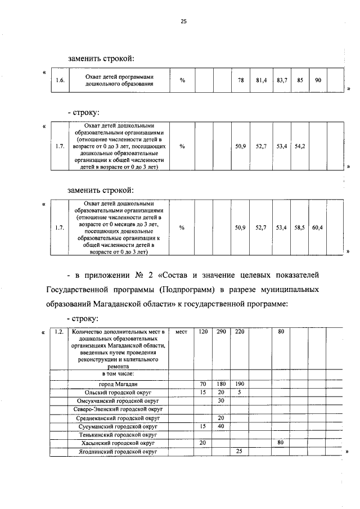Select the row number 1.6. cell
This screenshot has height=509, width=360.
click(x=60, y=80)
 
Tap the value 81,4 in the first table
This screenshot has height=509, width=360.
click(x=261, y=80)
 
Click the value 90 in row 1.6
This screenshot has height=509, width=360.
click(x=318, y=80)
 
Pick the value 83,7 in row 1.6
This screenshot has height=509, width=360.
click(x=282, y=80)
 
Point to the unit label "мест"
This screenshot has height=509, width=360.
click(x=181, y=332)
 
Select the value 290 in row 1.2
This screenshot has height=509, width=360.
click(x=222, y=332)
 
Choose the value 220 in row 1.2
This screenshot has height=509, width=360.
click(x=240, y=332)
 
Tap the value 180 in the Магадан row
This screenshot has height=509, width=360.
click(x=222, y=384)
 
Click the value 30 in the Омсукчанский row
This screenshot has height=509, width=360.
click(x=222, y=400)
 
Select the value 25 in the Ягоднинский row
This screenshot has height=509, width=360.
click(x=240, y=451)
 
